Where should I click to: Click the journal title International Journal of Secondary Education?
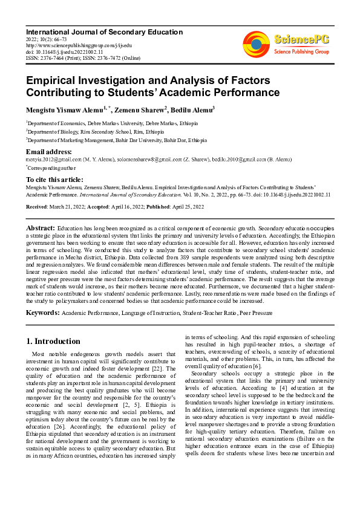click(x=104, y=31)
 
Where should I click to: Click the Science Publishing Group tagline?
click(x=300, y=52)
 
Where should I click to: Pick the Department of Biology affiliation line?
click(x=94, y=131)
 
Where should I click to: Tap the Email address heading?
click(x=49, y=151)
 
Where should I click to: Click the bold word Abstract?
click(x=41, y=227)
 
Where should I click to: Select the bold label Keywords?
click(x=42, y=313)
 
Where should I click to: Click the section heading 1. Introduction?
click(x=54, y=341)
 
